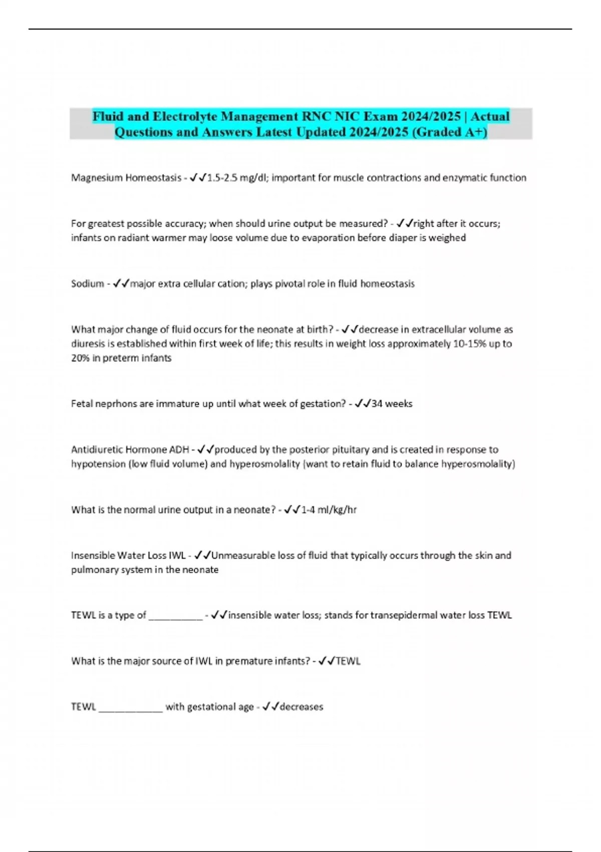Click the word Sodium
pos(87,284)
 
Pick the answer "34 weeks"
pos(392,403)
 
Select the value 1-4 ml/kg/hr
pos(329,510)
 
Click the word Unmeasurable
pos(243,555)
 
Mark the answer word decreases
pos(302,707)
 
